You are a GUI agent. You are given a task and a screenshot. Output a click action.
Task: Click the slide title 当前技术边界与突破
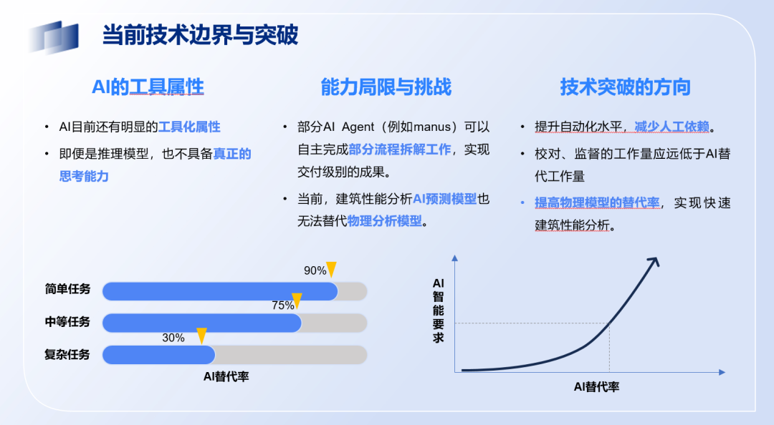(x=200, y=35)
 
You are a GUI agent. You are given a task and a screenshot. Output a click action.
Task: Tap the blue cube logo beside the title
(x=54, y=37)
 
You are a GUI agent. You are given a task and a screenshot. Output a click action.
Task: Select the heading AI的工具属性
(x=148, y=87)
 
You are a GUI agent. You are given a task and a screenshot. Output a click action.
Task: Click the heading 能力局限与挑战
(x=386, y=87)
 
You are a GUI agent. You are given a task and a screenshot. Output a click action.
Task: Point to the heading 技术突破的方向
(x=625, y=87)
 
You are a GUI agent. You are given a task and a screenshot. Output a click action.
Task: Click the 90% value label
(x=315, y=270)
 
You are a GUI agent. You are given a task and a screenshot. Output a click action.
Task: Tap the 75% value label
(x=283, y=306)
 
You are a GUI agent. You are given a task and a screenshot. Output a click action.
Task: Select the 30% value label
(x=173, y=338)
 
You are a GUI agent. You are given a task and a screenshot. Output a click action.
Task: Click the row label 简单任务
(x=67, y=289)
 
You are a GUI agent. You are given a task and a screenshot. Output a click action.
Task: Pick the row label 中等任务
(x=67, y=322)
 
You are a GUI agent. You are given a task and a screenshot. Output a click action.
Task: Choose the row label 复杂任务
(x=67, y=354)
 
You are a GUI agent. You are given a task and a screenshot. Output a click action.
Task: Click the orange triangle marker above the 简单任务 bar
(x=331, y=269)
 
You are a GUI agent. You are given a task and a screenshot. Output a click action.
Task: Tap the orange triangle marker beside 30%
(x=201, y=336)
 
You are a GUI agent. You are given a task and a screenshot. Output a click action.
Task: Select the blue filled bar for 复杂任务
(x=159, y=355)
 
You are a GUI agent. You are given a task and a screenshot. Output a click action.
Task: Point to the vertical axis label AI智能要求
(x=438, y=311)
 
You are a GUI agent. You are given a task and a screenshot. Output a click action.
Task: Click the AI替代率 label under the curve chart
(x=596, y=387)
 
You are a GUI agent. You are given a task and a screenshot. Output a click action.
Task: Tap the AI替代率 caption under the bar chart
(x=226, y=376)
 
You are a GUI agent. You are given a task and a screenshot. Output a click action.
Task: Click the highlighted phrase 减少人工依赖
(x=672, y=127)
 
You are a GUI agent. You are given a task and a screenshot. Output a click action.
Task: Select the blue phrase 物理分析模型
(x=385, y=221)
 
